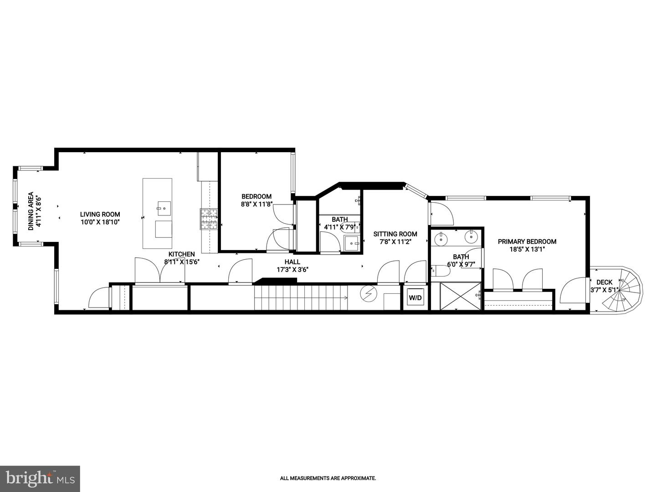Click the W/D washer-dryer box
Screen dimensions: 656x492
tap(415, 297)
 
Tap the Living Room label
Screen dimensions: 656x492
tap(100, 214)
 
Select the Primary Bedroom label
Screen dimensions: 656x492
tap(527, 241)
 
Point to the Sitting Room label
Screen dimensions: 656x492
tap(395, 234)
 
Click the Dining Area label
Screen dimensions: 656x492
tap(31, 211)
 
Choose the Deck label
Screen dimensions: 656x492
tap(605, 282)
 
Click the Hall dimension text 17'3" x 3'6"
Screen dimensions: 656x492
tap(292, 270)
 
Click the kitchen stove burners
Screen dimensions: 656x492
tap(209, 219)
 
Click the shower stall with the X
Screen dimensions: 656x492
tap(461, 296)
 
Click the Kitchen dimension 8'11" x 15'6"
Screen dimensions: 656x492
tap(182, 262)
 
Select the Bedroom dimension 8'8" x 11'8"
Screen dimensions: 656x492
tap(256, 204)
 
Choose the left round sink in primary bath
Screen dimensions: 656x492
tap(440, 238)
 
